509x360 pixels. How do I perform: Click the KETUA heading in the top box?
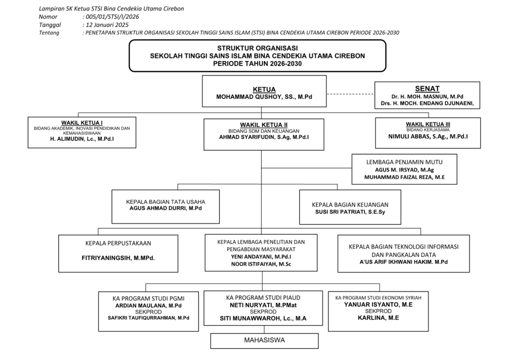(x=264, y=90)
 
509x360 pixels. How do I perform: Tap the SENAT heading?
(x=427, y=89)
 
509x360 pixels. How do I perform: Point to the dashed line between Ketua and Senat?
(x=350, y=94)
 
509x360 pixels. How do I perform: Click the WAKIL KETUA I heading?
(x=82, y=122)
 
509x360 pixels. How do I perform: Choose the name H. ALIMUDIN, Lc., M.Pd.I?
(x=82, y=140)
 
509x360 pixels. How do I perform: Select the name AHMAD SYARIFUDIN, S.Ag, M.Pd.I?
(x=264, y=137)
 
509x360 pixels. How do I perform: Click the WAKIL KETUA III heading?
(x=428, y=124)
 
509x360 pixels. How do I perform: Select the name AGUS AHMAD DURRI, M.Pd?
(x=166, y=209)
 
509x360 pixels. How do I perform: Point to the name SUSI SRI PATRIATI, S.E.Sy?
(x=350, y=212)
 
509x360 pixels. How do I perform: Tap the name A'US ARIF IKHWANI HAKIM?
(x=403, y=262)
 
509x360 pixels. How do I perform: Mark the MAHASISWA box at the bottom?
(x=264, y=341)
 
